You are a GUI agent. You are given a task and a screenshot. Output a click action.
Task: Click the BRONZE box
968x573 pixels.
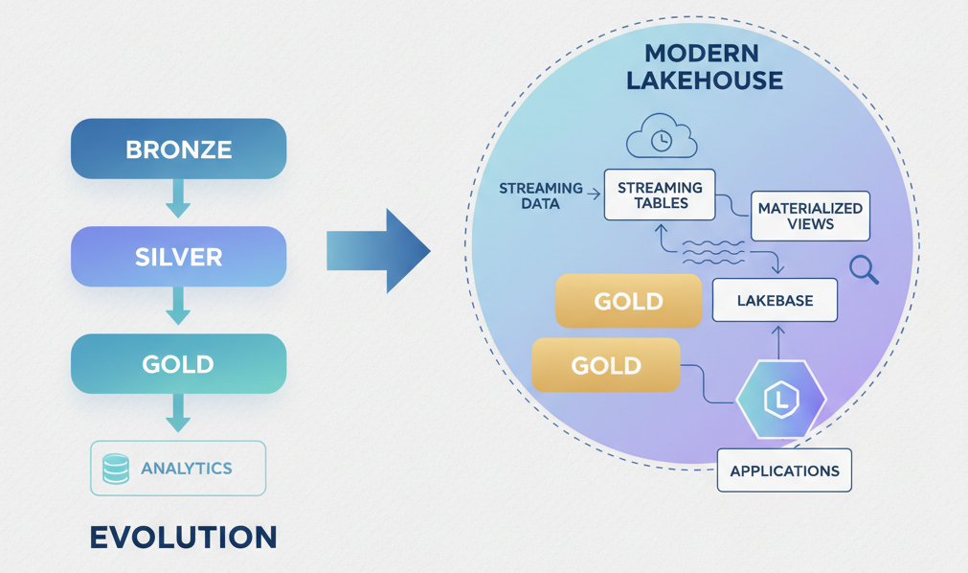tap(178, 149)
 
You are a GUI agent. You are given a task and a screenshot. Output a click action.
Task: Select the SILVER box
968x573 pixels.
tap(178, 257)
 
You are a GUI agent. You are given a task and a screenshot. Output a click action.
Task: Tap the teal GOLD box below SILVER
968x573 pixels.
tap(178, 364)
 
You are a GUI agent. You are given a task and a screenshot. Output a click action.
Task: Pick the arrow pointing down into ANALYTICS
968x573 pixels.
tap(178, 413)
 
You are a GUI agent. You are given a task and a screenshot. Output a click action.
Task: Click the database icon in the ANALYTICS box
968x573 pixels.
tap(116, 469)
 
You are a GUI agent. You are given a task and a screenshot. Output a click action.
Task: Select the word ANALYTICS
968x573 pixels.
tap(187, 469)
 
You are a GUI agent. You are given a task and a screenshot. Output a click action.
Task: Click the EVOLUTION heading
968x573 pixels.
tap(183, 538)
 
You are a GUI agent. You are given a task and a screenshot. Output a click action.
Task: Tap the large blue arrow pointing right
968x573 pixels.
tap(378, 251)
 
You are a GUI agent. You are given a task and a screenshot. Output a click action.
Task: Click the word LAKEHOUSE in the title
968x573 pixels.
tap(705, 80)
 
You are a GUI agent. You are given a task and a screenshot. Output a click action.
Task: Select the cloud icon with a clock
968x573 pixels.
tap(661, 138)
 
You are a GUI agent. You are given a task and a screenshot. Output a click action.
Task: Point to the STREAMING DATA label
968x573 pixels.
tap(541, 195)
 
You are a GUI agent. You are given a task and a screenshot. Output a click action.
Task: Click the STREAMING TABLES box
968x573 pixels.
tap(660, 195)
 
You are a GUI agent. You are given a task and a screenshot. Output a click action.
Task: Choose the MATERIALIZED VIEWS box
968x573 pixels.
tap(810, 216)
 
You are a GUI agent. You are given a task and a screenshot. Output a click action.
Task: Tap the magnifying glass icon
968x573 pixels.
tap(864, 270)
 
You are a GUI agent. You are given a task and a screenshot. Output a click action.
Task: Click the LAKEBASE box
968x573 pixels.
tap(775, 301)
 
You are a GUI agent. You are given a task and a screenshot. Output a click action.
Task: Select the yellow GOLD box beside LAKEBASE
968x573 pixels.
tap(628, 301)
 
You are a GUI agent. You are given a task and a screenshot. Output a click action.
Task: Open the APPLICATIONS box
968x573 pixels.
tap(784, 470)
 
